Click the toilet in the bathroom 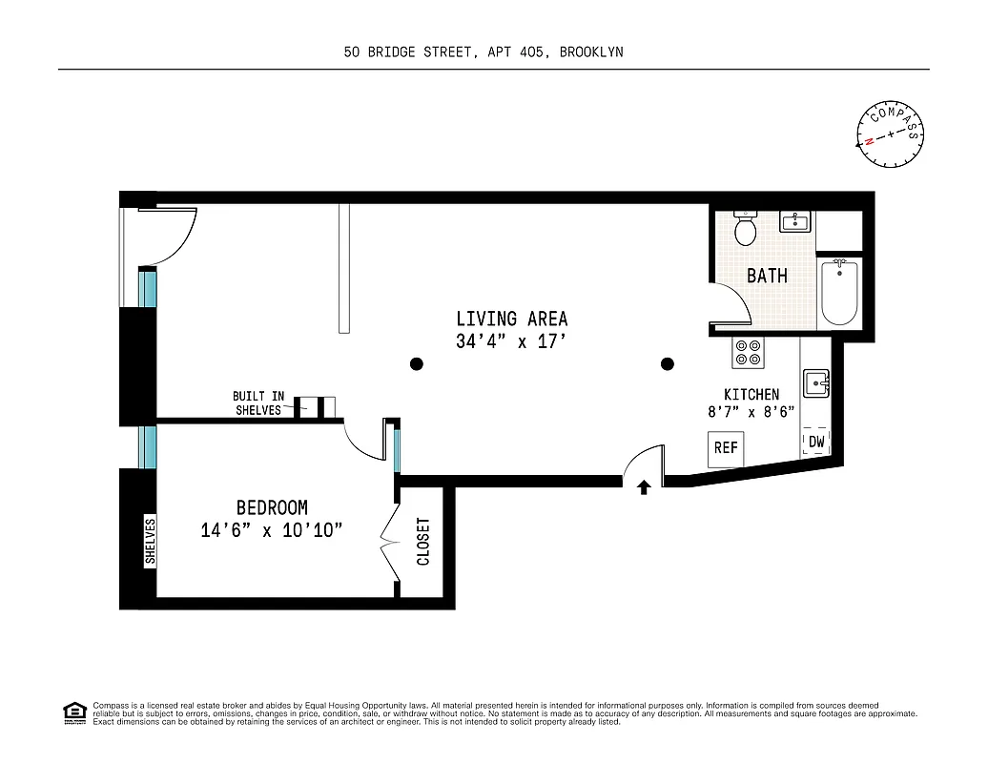(745, 229)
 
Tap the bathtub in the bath (840, 293)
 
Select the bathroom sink (794, 223)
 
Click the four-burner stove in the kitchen (747, 353)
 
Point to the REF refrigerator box (726, 447)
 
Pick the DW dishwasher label (816, 442)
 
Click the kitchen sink (815, 383)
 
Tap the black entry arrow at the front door (644, 487)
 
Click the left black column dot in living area (416, 363)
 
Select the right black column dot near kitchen (668, 363)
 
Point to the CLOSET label (423, 542)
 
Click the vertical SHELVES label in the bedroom (150, 542)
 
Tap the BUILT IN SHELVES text (258, 402)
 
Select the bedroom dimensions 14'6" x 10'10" (271, 530)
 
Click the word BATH (767, 276)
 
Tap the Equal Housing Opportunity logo (74, 712)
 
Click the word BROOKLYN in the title (591, 52)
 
